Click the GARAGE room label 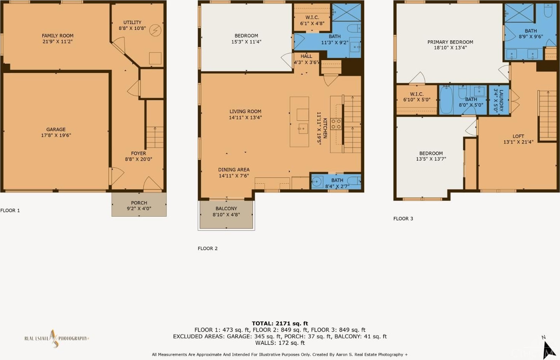(56, 129)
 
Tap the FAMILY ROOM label (57, 36)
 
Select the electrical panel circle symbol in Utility (155, 31)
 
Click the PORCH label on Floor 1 (139, 203)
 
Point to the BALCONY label (226, 209)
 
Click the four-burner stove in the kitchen (336, 124)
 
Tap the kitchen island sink (303, 129)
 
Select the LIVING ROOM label (245, 111)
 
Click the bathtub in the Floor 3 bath (446, 100)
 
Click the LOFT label (518, 136)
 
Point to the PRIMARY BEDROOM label (450, 42)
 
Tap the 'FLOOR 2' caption (208, 249)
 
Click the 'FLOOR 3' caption (403, 219)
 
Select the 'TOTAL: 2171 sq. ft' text (280, 323)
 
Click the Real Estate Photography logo (56, 339)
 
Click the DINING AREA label (234, 170)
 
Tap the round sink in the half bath (317, 181)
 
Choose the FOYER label (139, 153)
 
